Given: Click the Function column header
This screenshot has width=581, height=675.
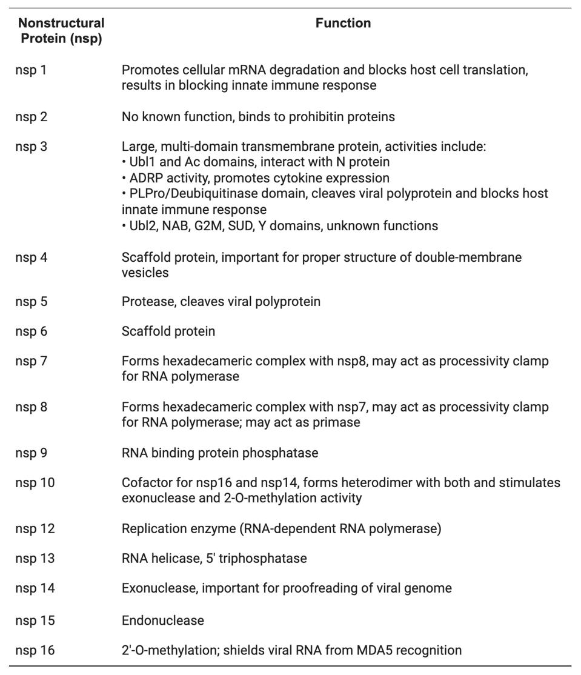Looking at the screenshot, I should coord(343,24).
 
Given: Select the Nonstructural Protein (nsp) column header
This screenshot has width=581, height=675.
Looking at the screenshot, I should coord(61,32).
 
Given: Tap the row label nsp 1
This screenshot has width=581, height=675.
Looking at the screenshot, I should coord(31,70).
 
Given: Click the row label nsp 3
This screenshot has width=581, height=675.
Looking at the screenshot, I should coord(31,147).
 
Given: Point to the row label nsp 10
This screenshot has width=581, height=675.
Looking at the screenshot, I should coord(35,483).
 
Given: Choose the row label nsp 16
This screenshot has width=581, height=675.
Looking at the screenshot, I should coord(35,651).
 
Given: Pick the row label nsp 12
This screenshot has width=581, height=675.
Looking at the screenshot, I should coord(35,529).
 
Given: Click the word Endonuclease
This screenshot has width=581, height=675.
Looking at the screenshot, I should coord(162,620).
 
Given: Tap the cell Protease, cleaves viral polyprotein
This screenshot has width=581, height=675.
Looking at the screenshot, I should coord(221,301).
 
